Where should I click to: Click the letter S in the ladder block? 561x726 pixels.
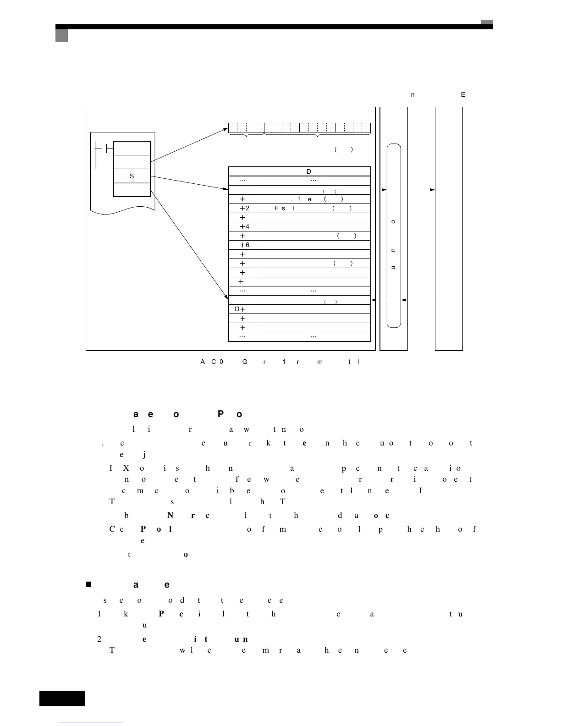pyautogui.click(x=132, y=176)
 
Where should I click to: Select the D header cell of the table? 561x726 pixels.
pyautogui.click(x=309, y=171)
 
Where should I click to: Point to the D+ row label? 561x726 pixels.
pyautogui.click(x=240, y=309)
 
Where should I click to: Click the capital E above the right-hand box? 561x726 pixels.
pyautogui.click(x=463, y=94)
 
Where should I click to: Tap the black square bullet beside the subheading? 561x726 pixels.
pyautogui.click(x=88, y=584)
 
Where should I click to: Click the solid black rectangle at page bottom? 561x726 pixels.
pyautogui.click(x=62, y=698)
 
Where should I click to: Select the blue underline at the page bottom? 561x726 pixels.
pyautogui.click(x=91, y=722)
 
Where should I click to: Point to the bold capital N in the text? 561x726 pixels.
pyautogui.click(x=170, y=515)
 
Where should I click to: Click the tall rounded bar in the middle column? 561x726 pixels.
pyautogui.click(x=394, y=236)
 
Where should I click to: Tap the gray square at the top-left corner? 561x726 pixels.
pyautogui.click(x=61, y=35)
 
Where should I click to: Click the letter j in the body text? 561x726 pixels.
pyautogui.click(x=144, y=455)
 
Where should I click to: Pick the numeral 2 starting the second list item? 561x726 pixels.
pyautogui.click(x=99, y=638)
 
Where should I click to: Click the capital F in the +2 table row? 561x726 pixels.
pyautogui.click(x=277, y=208)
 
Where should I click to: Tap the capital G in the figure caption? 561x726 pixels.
pyautogui.click(x=245, y=362)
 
